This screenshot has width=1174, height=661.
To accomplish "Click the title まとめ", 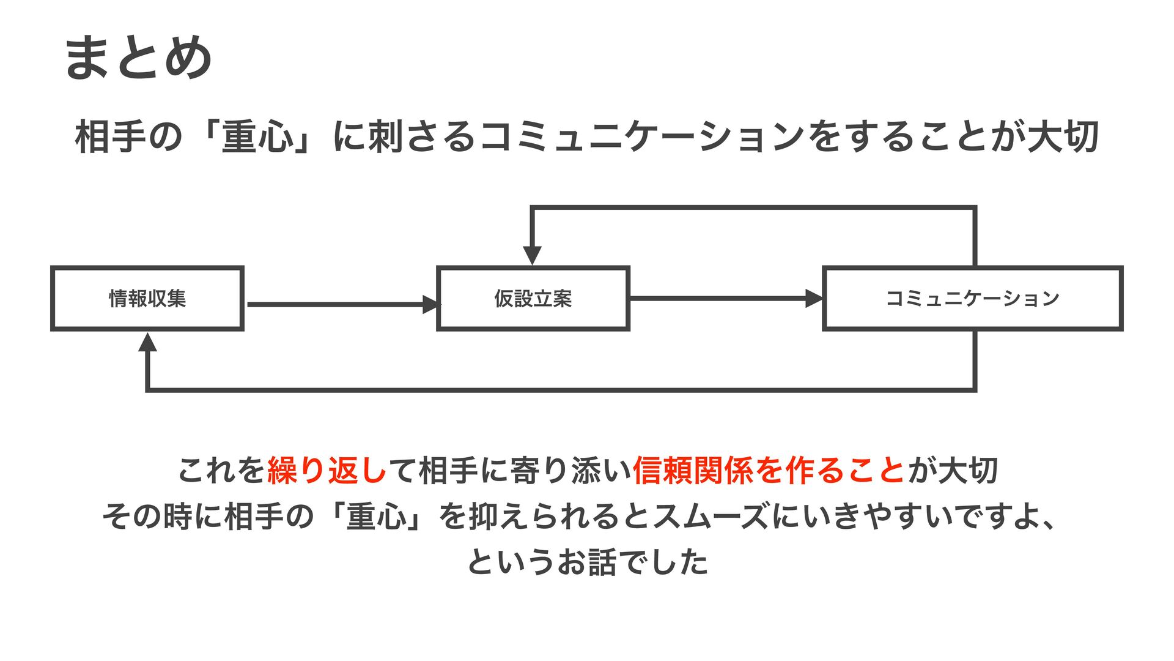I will click(138, 58).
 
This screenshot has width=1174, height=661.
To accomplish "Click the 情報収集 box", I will click(147, 299).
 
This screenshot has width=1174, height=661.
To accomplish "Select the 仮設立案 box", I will click(533, 299).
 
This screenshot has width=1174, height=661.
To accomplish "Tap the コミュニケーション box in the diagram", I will click(973, 299).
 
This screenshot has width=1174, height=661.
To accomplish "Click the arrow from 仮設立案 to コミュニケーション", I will click(725, 299).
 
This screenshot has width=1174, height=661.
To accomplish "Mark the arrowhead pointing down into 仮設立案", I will click(532, 255).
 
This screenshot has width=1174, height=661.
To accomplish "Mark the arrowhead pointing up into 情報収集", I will click(147, 343).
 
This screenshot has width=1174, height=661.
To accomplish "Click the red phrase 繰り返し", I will click(328, 471).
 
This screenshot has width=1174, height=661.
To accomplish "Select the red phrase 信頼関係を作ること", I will click(769, 471).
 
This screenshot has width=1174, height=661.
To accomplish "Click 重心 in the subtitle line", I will click(258, 136).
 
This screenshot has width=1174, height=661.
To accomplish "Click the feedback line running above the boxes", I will click(752, 208).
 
